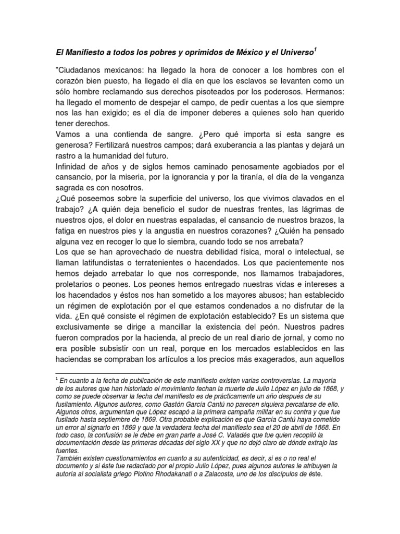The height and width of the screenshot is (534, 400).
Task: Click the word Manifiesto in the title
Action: coord(85,53)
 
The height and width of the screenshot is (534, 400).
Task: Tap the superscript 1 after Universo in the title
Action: coord(316,50)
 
